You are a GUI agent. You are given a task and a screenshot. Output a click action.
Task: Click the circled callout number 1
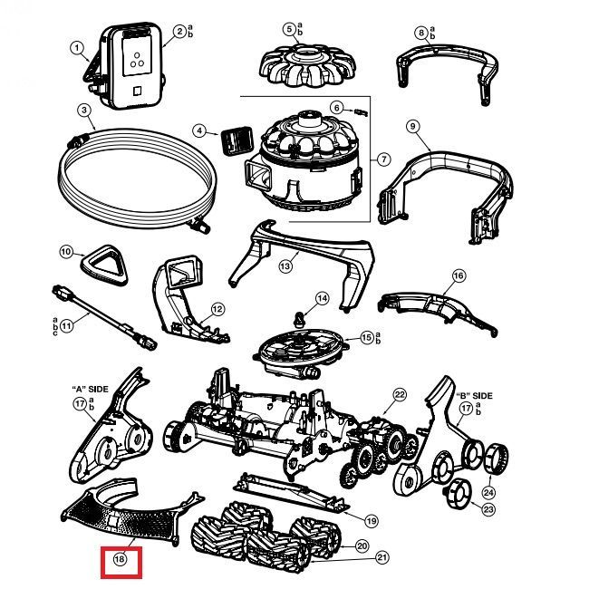(x=77, y=48)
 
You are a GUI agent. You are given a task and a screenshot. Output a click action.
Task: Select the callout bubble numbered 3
(x=83, y=111)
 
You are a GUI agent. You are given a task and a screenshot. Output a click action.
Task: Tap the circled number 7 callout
(x=384, y=159)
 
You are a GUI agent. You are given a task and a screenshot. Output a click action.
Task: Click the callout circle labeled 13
(x=285, y=266)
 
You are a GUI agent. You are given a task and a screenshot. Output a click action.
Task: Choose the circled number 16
(x=459, y=275)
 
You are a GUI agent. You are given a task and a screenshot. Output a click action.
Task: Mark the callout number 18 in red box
(x=119, y=560)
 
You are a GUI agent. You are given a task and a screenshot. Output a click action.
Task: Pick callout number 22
(x=399, y=394)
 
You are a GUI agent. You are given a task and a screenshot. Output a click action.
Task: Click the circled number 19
(x=371, y=521)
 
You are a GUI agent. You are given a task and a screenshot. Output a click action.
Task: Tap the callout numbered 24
(x=488, y=492)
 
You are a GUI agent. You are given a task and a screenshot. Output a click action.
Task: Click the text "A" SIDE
(x=90, y=388)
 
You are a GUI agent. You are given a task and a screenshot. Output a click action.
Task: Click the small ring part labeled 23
(x=459, y=494)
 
